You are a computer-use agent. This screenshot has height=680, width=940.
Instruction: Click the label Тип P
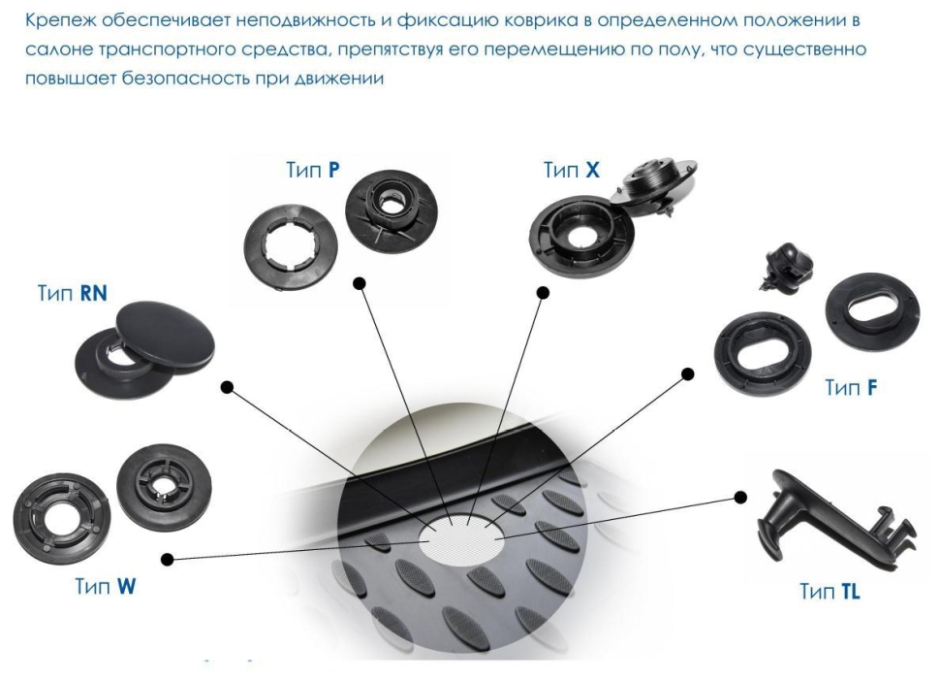click(312, 169)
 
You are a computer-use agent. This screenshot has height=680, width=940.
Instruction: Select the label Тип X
click(572, 171)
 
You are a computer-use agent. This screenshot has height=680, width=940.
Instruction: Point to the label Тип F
click(851, 388)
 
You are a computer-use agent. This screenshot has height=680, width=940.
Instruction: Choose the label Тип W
click(105, 587)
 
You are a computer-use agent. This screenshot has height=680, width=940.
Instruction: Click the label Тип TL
click(829, 591)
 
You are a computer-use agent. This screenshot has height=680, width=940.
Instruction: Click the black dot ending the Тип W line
click(168, 559)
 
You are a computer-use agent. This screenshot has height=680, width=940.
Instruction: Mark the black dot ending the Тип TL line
click(740, 497)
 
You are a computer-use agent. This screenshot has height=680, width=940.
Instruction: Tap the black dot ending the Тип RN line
click(227, 387)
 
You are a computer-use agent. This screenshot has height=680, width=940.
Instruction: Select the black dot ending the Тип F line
click(689, 372)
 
